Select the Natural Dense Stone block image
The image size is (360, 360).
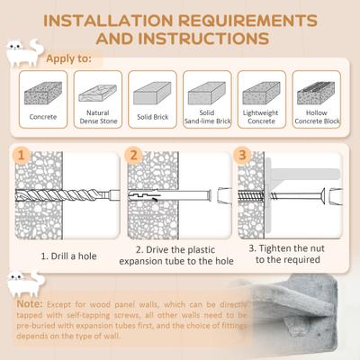pos(96,92)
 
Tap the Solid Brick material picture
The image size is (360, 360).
pos(151,92)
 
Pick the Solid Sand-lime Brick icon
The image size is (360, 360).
pos(206,92)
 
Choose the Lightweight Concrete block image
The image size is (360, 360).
pos(261,92)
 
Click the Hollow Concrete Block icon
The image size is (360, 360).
pos(317,92)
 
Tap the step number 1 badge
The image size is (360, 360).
pos(22,154)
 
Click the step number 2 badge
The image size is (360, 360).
pos(135,154)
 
